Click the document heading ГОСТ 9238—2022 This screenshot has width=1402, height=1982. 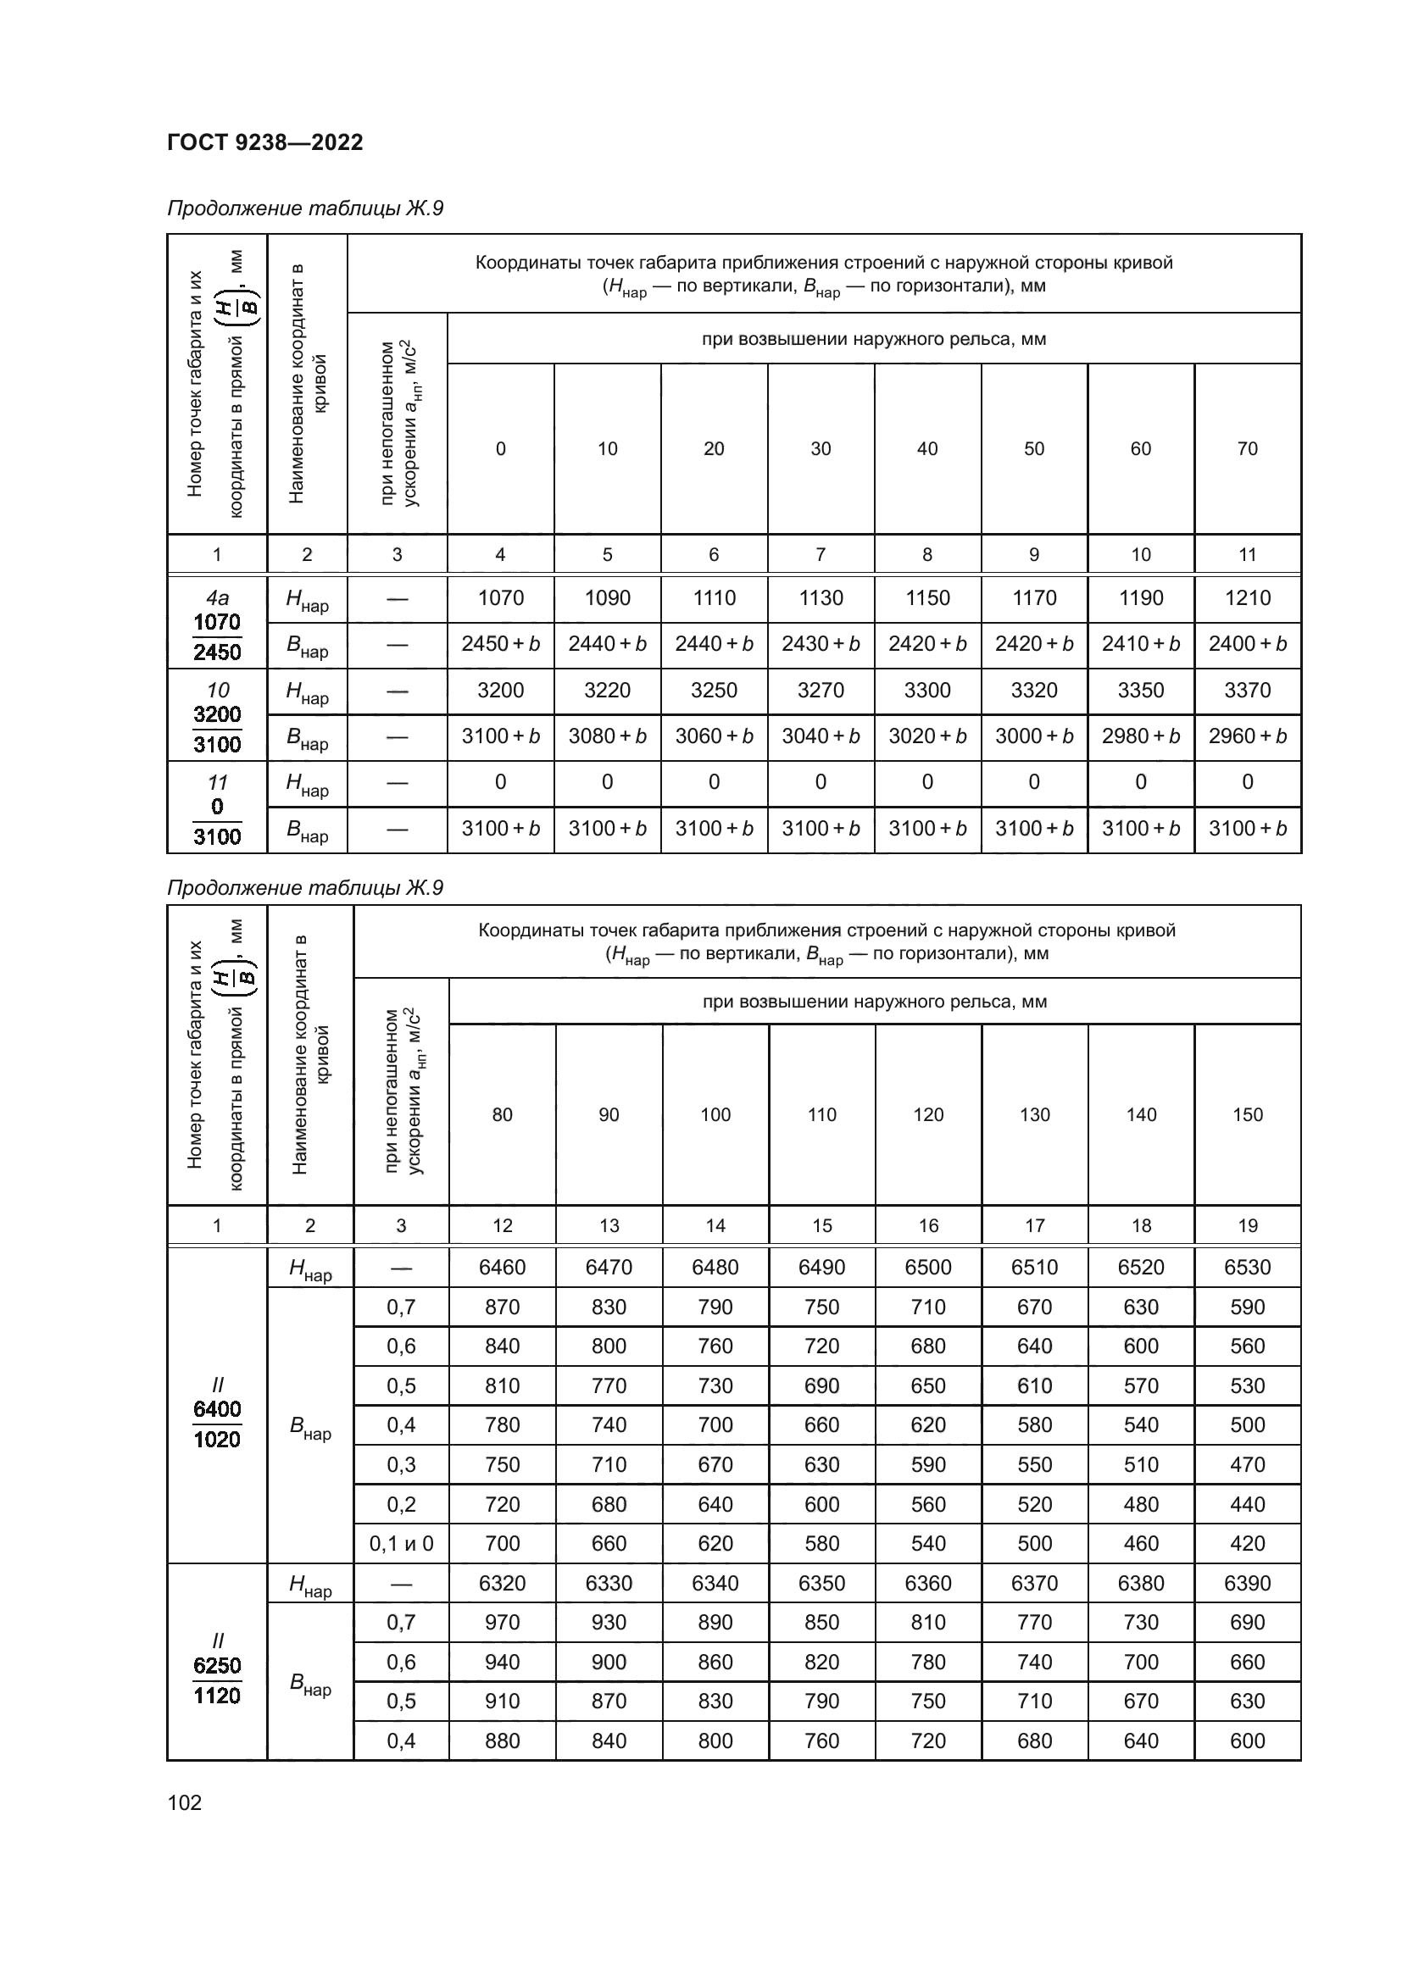coord(265,142)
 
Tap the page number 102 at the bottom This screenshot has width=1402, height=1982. coord(184,1802)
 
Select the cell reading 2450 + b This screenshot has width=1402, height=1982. coord(501,644)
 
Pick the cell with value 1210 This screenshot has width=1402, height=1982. coord(1248,597)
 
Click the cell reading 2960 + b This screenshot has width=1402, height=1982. coord(1248,736)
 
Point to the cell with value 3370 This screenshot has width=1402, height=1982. coord(1248,690)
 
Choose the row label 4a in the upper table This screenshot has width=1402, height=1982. coord(217,597)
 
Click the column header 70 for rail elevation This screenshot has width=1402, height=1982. coord(1248,448)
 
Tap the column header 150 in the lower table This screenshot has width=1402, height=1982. coord(1248,1114)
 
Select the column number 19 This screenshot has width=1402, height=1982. coord(1248,1225)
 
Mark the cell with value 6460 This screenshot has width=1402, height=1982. coord(503,1267)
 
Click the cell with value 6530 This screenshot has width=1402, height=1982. coord(1248,1267)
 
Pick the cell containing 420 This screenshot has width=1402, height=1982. coord(1248,1543)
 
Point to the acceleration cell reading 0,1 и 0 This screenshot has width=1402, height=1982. coord(402,1543)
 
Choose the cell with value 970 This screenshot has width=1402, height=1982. coord(503,1622)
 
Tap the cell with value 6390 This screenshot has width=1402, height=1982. coord(1248,1583)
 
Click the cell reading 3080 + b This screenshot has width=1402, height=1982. coord(608,736)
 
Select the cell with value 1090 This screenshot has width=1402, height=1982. coord(608,597)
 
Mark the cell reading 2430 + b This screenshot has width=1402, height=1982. coord(821,644)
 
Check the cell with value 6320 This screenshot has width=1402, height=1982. coord(503,1583)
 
